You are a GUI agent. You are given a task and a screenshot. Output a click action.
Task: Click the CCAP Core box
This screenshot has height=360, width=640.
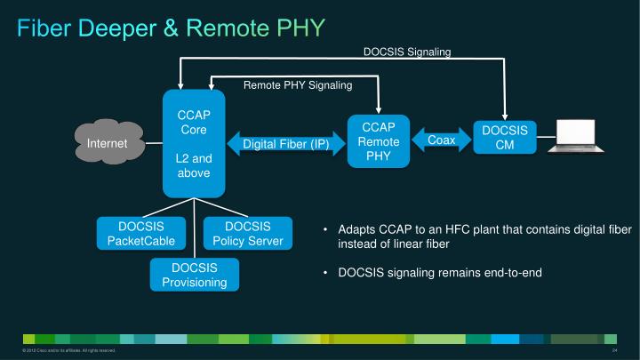pyautogui.click(x=193, y=142)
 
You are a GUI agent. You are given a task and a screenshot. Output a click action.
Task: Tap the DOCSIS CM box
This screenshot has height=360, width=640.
pyautogui.click(x=504, y=138)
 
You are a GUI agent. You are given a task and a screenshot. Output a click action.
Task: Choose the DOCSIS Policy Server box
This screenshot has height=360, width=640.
pyautogui.click(x=247, y=233)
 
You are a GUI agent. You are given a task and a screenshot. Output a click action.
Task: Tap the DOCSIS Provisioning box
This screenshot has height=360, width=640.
pyautogui.click(x=194, y=275)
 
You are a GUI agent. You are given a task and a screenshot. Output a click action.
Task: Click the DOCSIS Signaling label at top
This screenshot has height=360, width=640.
pyautogui.click(x=407, y=52)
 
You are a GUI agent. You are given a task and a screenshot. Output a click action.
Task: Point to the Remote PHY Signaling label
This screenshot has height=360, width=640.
pyautogui.click(x=298, y=85)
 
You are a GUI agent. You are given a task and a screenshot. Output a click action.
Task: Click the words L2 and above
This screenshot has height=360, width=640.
pyautogui.click(x=193, y=165)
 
